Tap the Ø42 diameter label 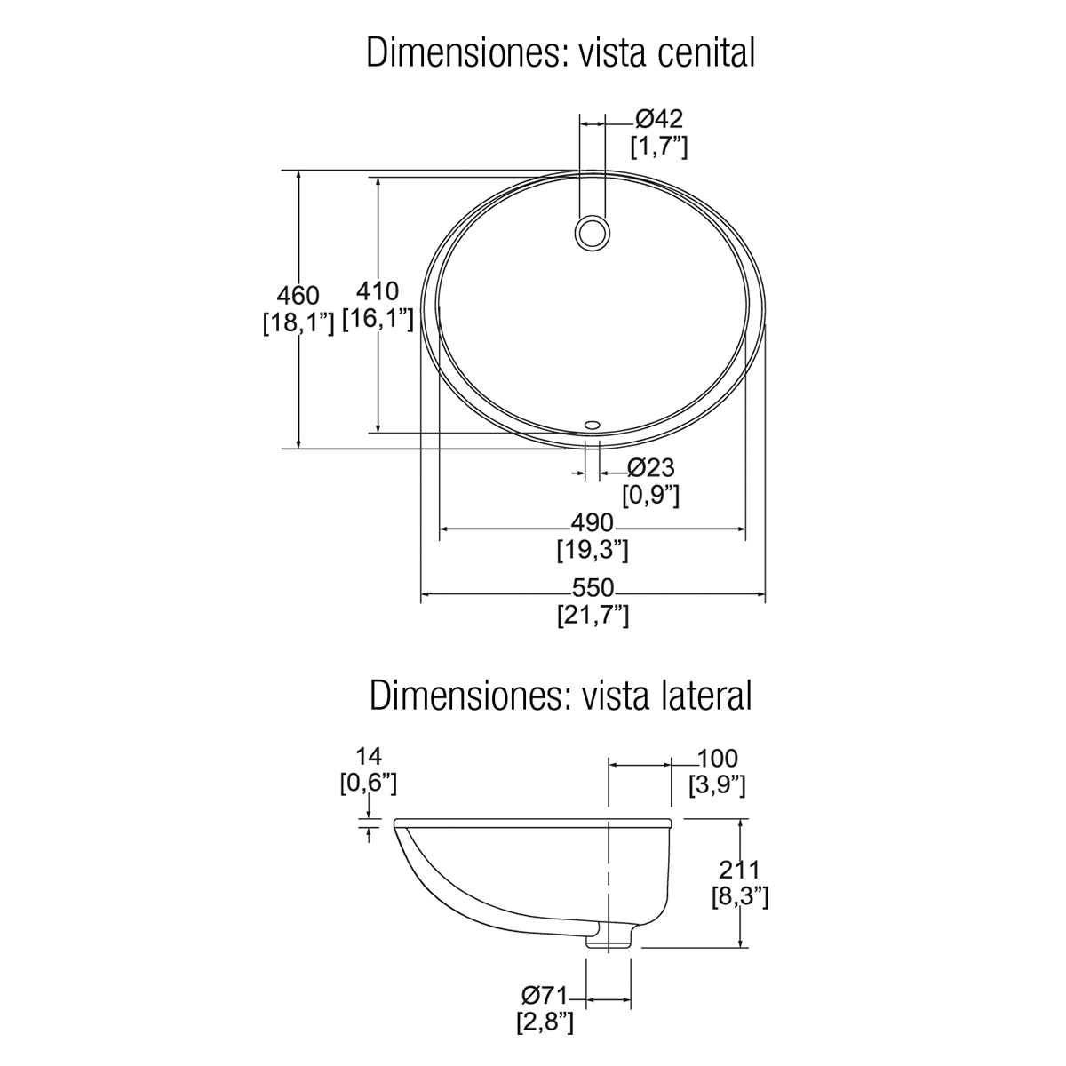659,119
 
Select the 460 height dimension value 298,296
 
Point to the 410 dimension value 378,291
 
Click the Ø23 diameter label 651,468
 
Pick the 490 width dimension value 593,522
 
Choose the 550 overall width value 593,588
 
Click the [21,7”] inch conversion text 593,615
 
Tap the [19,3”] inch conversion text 593,550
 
